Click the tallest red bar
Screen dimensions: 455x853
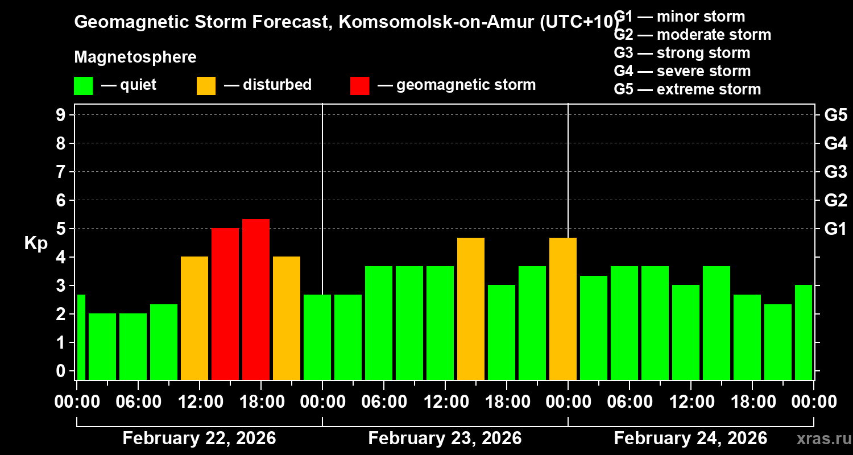[x=255, y=299]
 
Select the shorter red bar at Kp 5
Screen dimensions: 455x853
[x=225, y=304]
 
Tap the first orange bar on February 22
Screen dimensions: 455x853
[x=194, y=318]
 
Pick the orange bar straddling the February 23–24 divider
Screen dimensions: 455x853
[x=562, y=308]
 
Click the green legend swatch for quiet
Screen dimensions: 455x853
[x=83, y=85]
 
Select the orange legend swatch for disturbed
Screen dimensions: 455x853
[x=206, y=85]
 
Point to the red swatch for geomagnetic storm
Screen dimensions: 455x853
[x=359, y=85]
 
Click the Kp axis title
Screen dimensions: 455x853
[x=36, y=243]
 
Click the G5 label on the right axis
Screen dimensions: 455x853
[x=835, y=115]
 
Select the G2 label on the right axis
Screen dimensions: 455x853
[x=835, y=200]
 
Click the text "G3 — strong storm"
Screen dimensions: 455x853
[x=682, y=53]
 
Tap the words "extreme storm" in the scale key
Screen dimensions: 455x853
[x=709, y=89]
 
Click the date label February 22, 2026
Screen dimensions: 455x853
[x=199, y=438]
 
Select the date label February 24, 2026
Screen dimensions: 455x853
[x=690, y=438]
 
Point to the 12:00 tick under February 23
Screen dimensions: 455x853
[x=445, y=402]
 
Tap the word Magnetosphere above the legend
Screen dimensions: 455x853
[x=135, y=57]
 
